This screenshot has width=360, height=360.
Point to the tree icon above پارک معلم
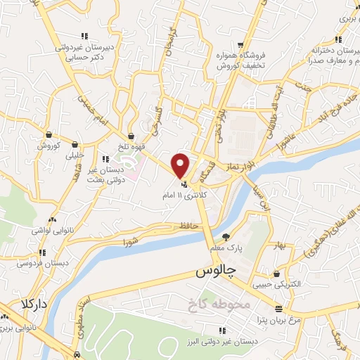pyautogui.click(x=225, y=237)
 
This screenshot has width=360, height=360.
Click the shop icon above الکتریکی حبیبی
pyautogui.click(x=278, y=274)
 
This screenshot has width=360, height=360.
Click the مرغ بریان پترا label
pyautogui.click(x=279, y=319)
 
